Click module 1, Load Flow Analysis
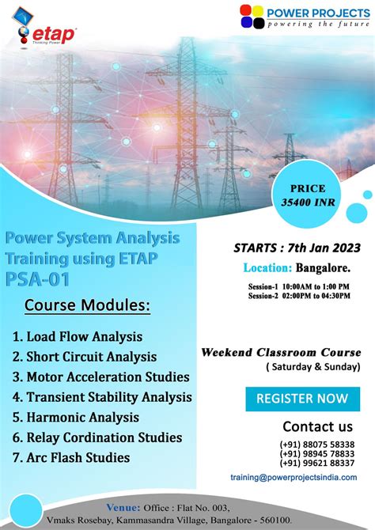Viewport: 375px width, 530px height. [78, 336]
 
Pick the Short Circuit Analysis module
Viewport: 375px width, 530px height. [85, 357]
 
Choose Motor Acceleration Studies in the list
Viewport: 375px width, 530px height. [100, 377]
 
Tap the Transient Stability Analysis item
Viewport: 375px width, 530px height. [102, 397]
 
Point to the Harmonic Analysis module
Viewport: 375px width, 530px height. [76, 417]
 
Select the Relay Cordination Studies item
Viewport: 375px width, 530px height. [97, 437]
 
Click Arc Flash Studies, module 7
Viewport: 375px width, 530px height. [72, 457]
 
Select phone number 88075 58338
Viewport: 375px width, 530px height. [316, 445]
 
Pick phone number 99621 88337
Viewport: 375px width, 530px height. [316, 464]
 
